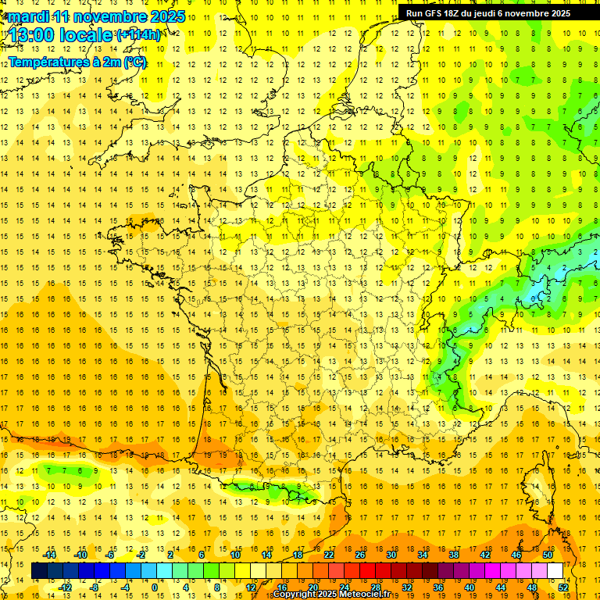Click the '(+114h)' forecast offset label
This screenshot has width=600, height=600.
pyautogui.click(x=138, y=34)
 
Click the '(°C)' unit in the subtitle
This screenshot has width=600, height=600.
pyautogui.click(x=134, y=62)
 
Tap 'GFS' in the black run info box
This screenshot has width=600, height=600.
pyautogui.click(x=434, y=13)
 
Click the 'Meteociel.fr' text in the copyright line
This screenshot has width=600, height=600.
pyautogui.click(x=365, y=595)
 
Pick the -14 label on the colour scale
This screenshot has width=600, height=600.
pyautogui.click(x=51, y=555)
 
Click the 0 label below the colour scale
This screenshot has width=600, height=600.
pyautogui.click(x=155, y=587)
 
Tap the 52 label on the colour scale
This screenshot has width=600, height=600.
pyautogui.click(x=562, y=587)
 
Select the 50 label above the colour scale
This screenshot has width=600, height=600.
pyautogui.click(x=548, y=555)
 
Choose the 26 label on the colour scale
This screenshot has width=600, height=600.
pyautogui.click(x=360, y=555)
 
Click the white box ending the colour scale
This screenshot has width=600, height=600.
pyautogui.click(x=555, y=571)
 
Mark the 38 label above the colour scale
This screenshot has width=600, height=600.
pyautogui.click(x=454, y=555)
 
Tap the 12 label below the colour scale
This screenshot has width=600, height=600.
pyautogui.click(x=251, y=587)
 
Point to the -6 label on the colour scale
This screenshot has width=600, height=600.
pyautogui.click(x=110, y=555)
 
